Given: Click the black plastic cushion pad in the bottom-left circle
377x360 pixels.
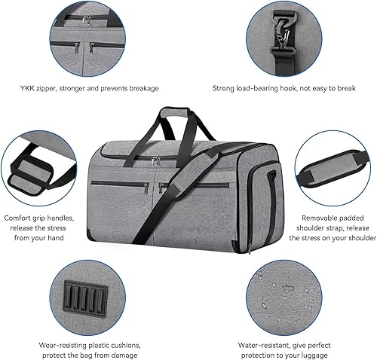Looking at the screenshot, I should click(81, 290).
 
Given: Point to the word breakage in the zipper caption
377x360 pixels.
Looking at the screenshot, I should click(140, 88).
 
